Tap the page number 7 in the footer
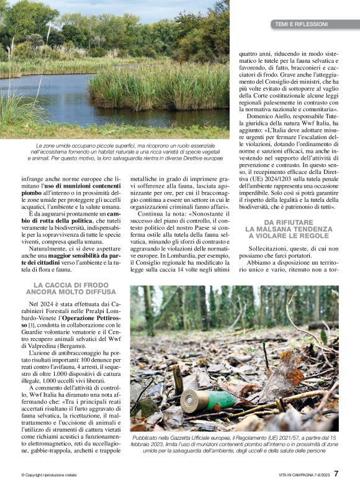click(x=336, y=473)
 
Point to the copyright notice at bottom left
click(x=49, y=475)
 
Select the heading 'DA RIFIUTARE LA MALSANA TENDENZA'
click(x=289, y=229)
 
